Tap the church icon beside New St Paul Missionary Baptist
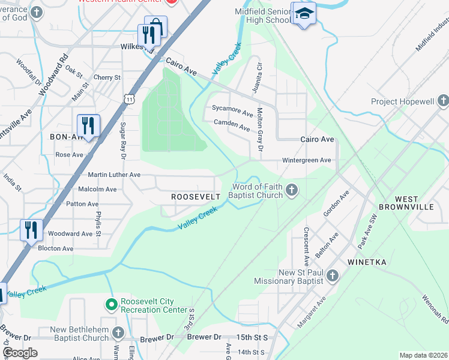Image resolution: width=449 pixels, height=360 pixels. coord(332,276)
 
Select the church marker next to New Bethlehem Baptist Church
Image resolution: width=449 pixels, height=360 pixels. coord(118,333)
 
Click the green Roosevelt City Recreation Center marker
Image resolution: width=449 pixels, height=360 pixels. coord(111,305)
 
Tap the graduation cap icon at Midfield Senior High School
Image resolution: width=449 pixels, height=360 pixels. coord(304,14)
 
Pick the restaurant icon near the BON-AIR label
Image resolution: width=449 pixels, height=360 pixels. coord(88,125)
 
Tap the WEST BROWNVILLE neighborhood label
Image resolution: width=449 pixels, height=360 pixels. coord(414,202)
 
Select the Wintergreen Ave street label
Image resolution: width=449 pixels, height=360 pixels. coord(307,160)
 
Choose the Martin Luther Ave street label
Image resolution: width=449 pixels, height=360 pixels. coord(113,175)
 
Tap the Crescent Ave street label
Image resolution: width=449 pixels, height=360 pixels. coord(306,247)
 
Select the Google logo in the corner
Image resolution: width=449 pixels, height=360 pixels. coord(20,353)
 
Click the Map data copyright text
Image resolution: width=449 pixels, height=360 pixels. coord(423,355)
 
